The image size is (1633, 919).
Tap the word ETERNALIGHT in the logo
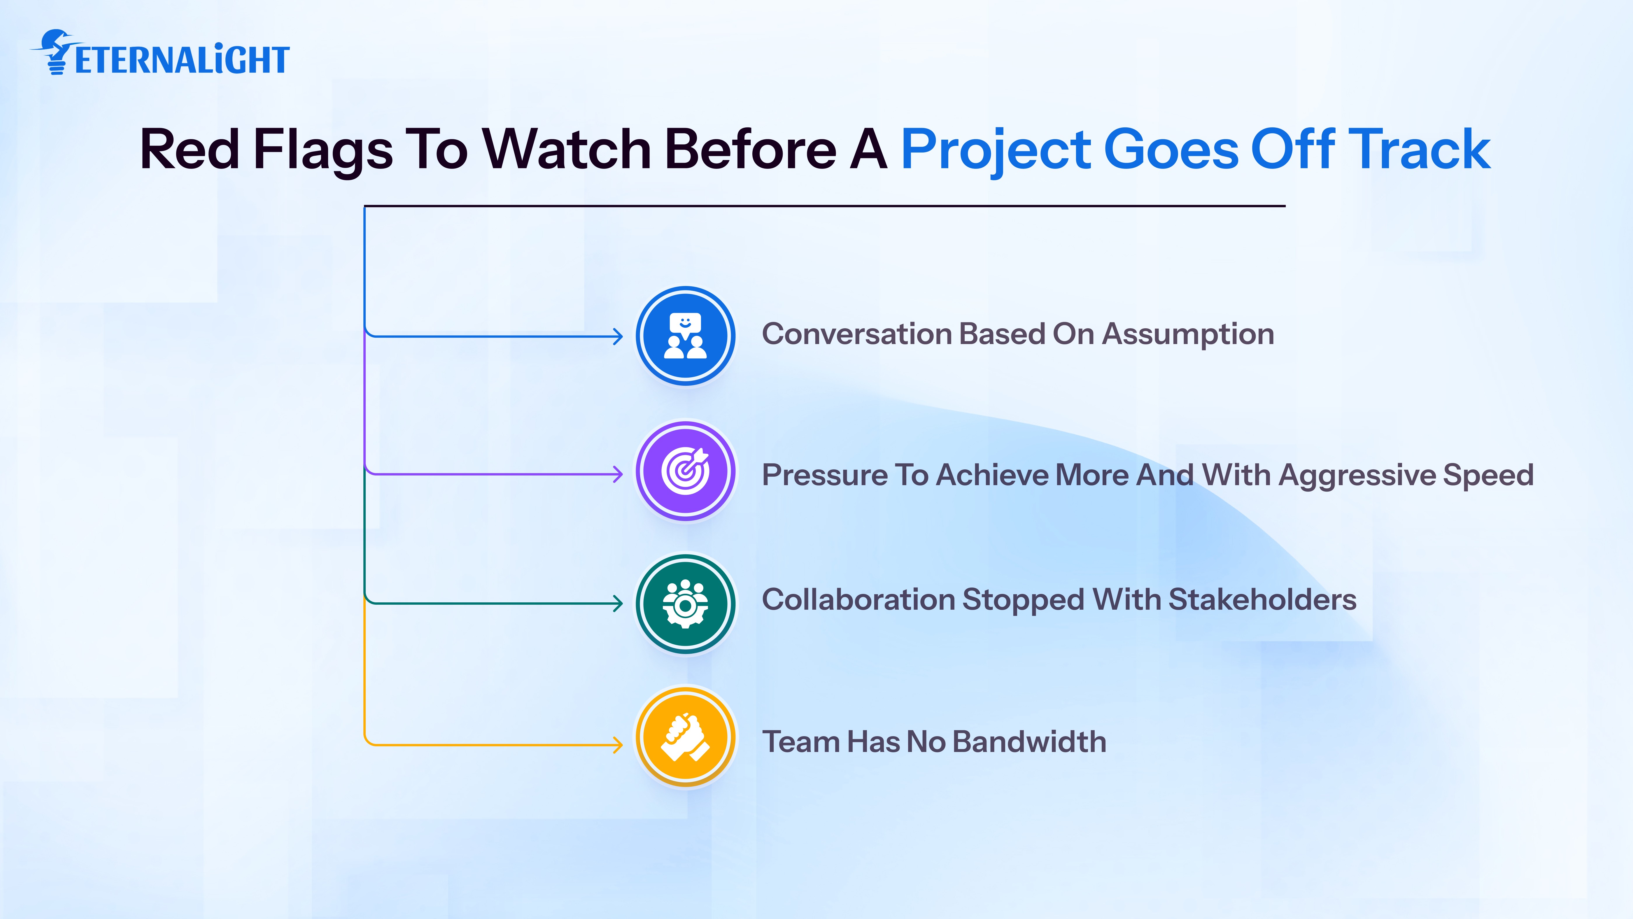click(182, 60)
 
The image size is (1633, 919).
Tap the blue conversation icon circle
click(685, 336)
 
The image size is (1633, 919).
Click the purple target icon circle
click(685, 471)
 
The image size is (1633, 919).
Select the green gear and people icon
click(685, 604)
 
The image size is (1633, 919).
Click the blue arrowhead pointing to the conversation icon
click(618, 336)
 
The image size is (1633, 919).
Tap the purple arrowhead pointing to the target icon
click(618, 474)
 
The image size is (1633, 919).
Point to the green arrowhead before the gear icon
click(618, 603)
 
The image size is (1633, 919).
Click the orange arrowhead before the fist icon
click(618, 745)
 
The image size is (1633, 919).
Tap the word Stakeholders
click(1262, 599)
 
